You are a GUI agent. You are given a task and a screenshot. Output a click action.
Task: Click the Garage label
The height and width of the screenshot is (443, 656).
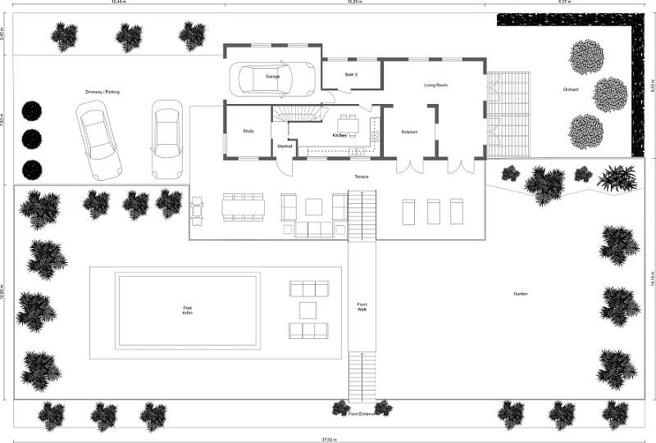(273, 76)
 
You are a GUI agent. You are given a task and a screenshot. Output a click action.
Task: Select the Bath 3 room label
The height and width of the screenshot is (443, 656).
(351, 75)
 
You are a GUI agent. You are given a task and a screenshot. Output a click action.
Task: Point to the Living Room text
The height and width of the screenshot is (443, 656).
(435, 85)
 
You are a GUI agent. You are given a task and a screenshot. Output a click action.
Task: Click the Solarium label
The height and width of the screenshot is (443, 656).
(409, 132)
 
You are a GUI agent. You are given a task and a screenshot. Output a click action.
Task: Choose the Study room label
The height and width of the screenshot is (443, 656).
(248, 131)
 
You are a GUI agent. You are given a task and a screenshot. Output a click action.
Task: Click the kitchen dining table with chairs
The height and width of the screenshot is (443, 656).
(348, 125)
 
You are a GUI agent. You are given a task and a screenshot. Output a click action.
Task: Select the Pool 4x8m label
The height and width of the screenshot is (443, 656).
(188, 311)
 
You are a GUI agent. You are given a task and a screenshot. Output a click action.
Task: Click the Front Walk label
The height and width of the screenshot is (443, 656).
(362, 306)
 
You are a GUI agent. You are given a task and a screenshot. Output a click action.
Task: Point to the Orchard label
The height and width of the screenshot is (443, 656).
(572, 89)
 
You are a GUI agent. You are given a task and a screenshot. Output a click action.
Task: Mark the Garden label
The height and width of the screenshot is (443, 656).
(521, 293)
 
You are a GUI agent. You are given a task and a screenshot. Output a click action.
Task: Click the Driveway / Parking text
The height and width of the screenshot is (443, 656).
(102, 92)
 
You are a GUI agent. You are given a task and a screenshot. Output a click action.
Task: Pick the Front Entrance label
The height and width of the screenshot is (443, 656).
(362, 414)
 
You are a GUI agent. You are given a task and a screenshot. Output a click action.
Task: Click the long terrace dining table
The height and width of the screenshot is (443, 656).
(243, 208)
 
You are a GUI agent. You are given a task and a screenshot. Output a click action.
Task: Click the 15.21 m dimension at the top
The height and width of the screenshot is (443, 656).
(354, 3)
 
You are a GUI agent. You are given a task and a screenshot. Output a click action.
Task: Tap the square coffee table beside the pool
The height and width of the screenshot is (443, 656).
(308, 310)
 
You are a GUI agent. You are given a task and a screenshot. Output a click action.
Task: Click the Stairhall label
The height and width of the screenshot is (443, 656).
(285, 147)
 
